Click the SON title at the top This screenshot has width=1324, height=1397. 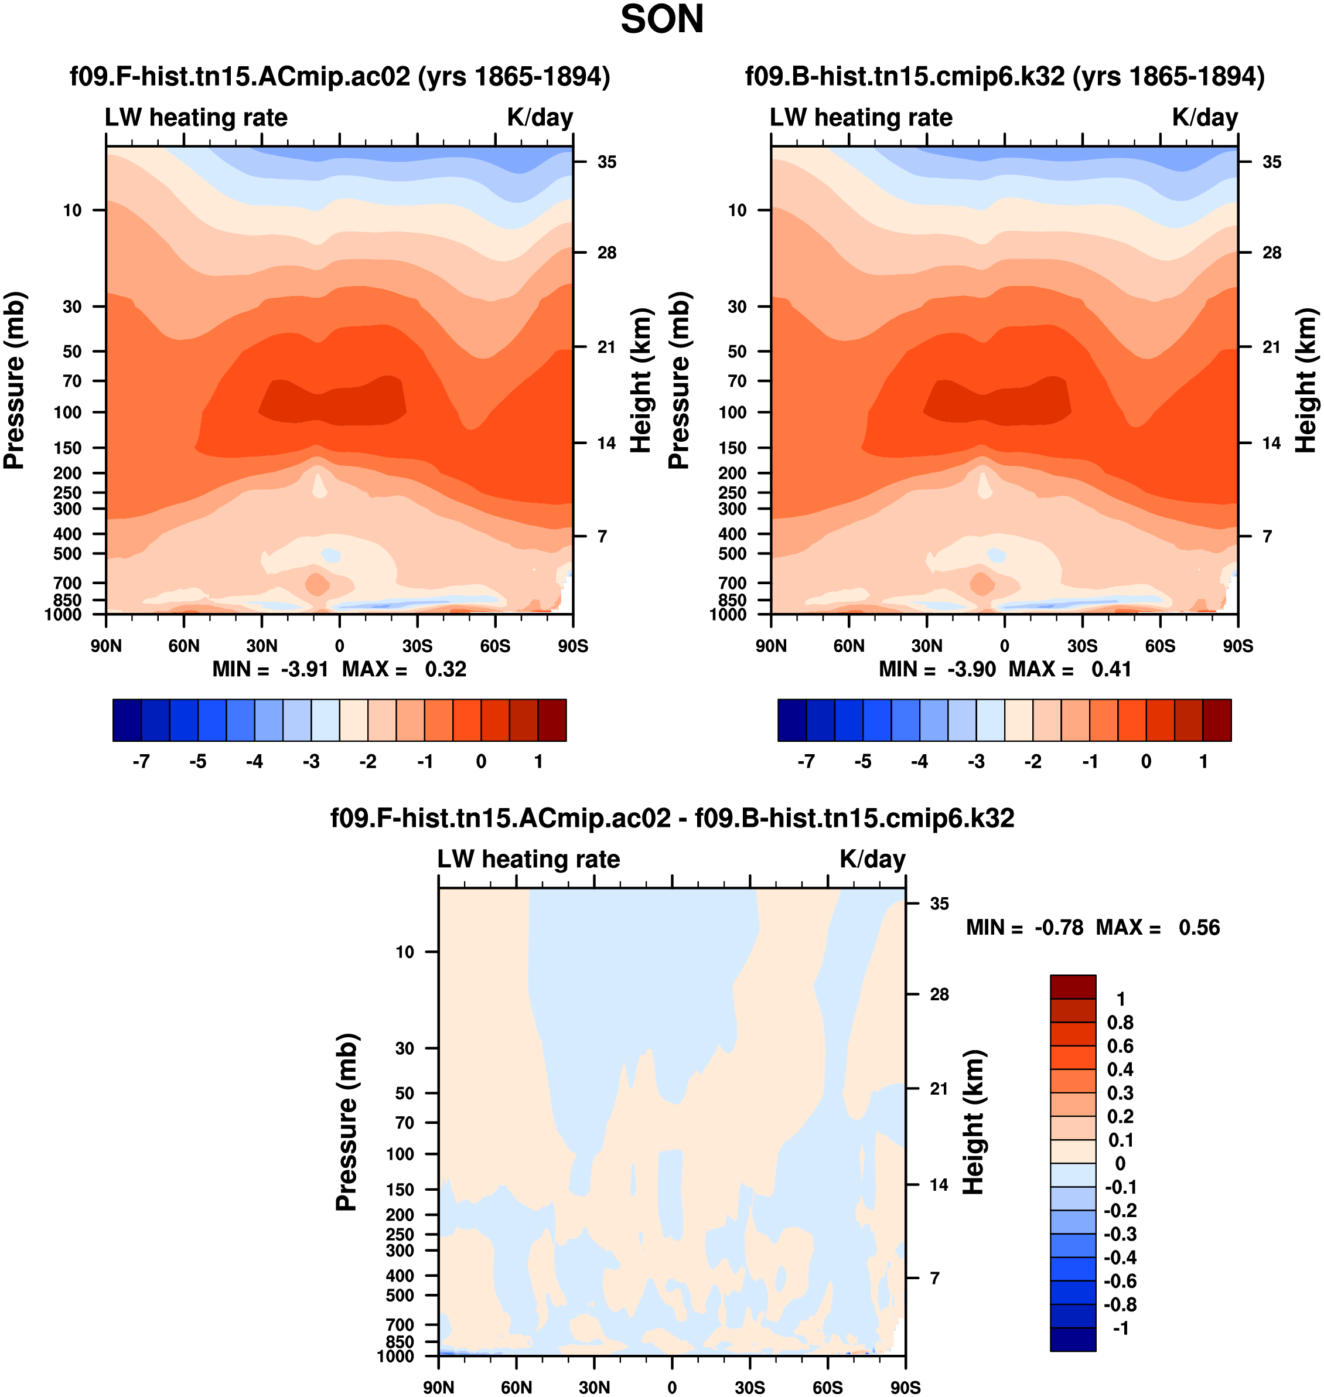(661, 20)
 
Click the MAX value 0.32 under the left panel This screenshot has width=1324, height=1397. (445, 669)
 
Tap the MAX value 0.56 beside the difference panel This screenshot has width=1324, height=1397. (1199, 928)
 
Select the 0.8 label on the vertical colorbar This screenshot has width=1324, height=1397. (1120, 1023)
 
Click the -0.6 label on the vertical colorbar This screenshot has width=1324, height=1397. (1120, 1281)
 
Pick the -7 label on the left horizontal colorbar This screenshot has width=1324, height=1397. (141, 762)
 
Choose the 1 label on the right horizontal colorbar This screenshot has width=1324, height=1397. (1203, 762)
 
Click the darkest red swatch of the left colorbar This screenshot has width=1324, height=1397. (552, 720)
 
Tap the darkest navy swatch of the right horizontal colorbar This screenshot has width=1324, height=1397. (792, 720)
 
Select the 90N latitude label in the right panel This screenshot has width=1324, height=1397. (772, 646)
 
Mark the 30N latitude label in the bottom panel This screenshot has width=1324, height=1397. (594, 1387)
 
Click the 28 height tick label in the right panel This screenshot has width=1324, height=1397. (1271, 253)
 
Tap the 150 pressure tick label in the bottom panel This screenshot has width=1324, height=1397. (400, 1190)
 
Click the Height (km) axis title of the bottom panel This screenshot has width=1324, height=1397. (973, 1122)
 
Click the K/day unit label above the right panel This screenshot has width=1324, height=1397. (1204, 117)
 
